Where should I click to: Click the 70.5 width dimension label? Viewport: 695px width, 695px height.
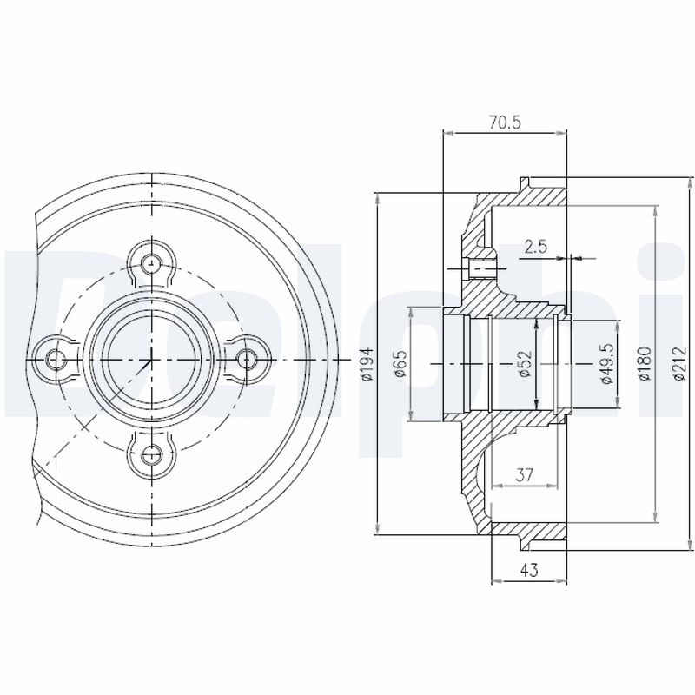coord(504,122)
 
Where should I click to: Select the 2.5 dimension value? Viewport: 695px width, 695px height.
coord(536,247)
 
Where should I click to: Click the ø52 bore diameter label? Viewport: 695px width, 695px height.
coord(524,362)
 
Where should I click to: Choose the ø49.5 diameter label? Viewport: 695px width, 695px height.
coord(607,363)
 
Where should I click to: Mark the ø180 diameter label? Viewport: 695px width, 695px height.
coord(644,363)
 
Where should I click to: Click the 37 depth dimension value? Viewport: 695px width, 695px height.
coord(524,473)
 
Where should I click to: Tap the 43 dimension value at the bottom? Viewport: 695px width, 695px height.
coord(529,570)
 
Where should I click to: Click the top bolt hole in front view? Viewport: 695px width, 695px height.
coord(152,261)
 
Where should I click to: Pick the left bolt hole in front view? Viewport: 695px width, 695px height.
coord(56,358)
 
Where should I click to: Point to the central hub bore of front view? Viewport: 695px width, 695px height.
coord(152,357)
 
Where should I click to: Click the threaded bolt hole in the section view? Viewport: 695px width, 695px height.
coord(480,268)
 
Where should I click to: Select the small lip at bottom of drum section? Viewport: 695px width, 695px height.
coord(524,543)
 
